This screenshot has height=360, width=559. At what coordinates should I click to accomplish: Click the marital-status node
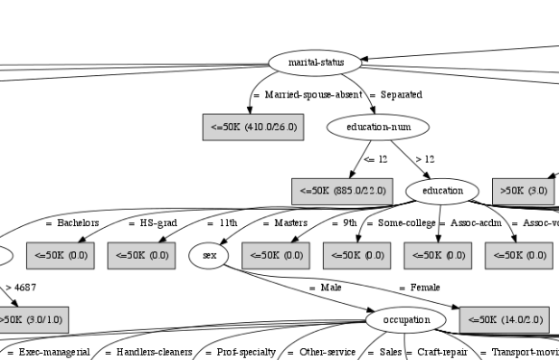pos(315,63)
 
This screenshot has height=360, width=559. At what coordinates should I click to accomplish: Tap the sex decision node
pos(210,256)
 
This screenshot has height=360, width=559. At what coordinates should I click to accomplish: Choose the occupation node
pos(406,320)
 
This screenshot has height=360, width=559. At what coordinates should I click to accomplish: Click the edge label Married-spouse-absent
pos(308,95)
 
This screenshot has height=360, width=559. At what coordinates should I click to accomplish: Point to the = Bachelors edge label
pos(72,223)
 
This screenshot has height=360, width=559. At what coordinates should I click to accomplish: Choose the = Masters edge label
pos(285,223)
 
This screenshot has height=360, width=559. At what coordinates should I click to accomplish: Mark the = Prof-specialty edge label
pos(241,352)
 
